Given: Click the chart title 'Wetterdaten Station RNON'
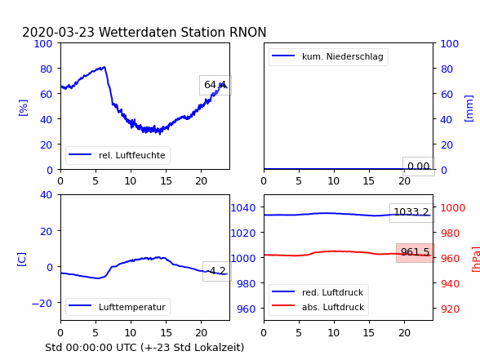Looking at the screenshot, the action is [x=183, y=32].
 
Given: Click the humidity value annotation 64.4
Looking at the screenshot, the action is [x=216, y=85].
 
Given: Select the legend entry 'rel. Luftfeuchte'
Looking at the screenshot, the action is [x=132, y=155].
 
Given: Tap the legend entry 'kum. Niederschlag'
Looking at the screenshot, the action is [x=343, y=56].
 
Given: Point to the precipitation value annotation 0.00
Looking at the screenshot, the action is [x=419, y=167].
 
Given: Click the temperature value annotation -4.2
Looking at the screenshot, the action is [x=217, y=271].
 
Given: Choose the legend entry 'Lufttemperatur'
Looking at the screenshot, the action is [x=132, y=307].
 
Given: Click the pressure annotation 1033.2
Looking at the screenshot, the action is [x=411, y=212].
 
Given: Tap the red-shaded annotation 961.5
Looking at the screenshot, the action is [x=416, y=252].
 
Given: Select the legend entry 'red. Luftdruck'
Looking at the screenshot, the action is [x=332, y=292].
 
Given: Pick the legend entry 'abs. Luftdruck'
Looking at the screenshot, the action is [x=333, y=307].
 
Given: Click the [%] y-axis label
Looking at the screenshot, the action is [x=23, y=108].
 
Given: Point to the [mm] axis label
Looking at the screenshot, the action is [x=469, y=109].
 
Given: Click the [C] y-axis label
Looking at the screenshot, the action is [x=21, y=260].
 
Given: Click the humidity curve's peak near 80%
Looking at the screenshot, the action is [x=104, y=67].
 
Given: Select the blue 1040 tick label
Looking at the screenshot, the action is [x=243, y=208].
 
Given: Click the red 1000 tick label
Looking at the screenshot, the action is [x=453, y=208].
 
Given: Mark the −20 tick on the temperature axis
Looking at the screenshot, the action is [x=42, y=303].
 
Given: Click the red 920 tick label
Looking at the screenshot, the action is [x=450, y=309].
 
